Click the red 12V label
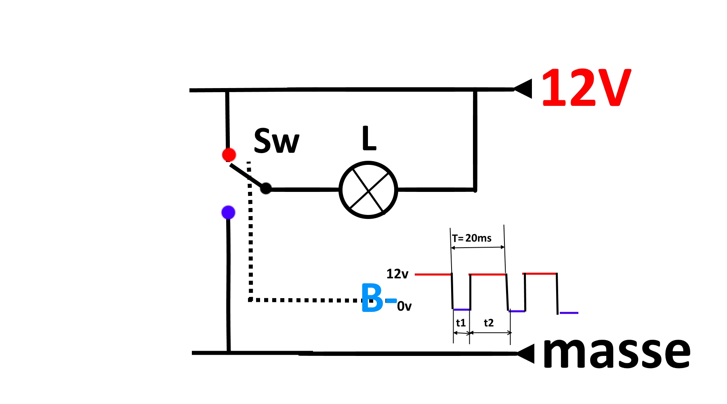pos(586,88)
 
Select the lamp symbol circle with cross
pos(368,190)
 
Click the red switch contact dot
pos(229,155)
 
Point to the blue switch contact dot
pos(228,212)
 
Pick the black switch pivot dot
pos(266,188)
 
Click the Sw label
pos(277,141)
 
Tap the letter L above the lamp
pos(369,139)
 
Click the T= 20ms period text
pos(472,238)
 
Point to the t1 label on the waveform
pos(461,323)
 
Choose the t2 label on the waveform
pos(489,323)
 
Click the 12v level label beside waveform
pos(397,274)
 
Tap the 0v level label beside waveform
pos(404,307)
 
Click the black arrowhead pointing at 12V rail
pos(524,89)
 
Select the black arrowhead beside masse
pos(526,353)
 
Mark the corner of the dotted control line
pos(251,300)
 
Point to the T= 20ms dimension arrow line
pos(478,247)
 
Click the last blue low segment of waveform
pos(569,313)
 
